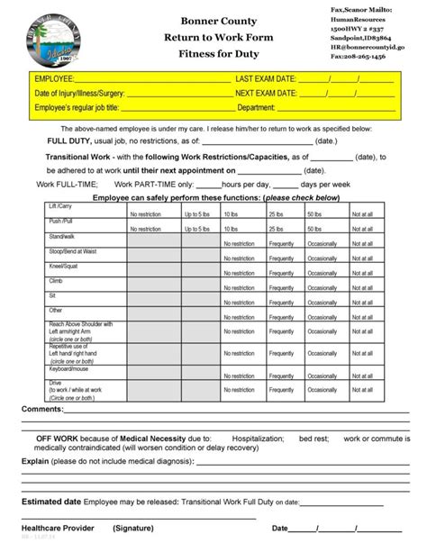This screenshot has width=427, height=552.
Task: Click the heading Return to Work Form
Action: coord(213,37)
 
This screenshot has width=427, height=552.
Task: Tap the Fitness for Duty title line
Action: coord(213,56)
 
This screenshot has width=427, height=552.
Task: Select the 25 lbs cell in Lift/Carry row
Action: coord(275,214)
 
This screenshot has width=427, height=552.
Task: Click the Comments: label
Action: coord(41,408)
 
